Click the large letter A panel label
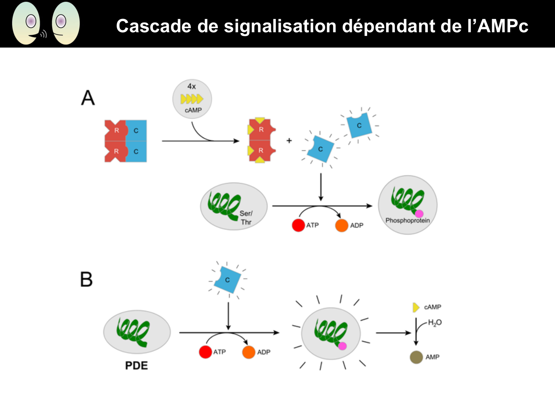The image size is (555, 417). [88, 98]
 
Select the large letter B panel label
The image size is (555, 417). [86, 279]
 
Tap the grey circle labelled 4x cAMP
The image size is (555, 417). [192, 99]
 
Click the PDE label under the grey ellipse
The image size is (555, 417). [136, 365]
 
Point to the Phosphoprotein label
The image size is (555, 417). [407, 221]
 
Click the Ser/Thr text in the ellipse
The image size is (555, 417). [246, 218]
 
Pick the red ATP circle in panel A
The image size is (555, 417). [298, 225]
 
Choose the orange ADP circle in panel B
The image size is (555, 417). [249, 352]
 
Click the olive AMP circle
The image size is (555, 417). [416, 357]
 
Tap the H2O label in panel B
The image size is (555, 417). [435, 322]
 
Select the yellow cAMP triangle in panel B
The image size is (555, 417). [416, 307]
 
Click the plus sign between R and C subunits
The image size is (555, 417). [289, 140]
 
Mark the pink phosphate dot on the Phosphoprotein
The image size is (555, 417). [419, 214]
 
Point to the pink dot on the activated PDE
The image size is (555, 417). [342, 346]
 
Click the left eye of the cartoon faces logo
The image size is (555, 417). [31, 21]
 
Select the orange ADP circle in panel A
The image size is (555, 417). [342, 225]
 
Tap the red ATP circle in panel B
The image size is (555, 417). [205, 352]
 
